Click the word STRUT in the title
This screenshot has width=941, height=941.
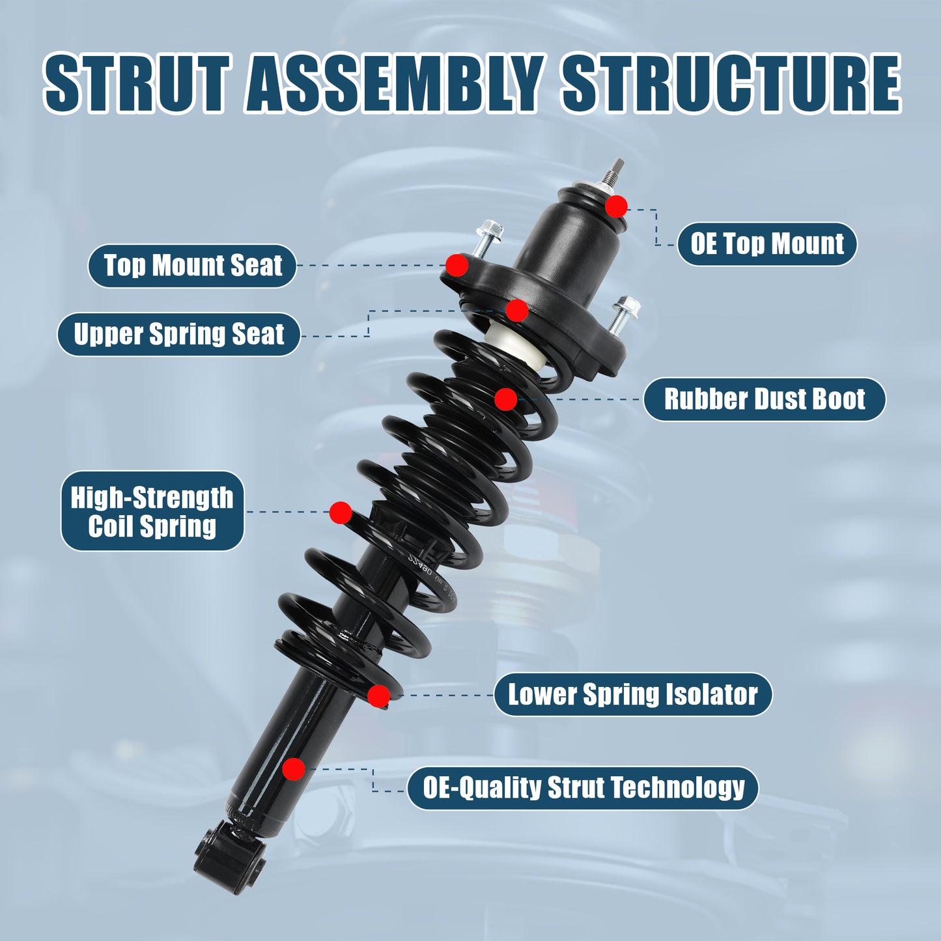coord(137,84)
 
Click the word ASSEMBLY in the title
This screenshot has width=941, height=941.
coord(395,84)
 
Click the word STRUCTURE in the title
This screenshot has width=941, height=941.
coord(731,84)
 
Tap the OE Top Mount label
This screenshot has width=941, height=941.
coord(767,244)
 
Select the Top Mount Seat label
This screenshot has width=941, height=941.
coord(193,266)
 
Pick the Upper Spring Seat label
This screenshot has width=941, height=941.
coord(179,335)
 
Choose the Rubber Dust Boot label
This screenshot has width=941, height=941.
coord(765,399)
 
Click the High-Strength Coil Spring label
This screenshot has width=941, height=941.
coord(152,512)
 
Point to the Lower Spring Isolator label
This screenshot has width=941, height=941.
coord(632,695)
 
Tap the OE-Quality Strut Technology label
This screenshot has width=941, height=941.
coord(583,788)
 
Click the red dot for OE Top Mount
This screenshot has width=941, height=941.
coord(616,207)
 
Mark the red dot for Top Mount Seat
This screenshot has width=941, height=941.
coord(457,266)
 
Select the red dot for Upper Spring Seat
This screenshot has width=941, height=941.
coord(517,311)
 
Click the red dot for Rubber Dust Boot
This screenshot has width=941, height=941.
coord(506,399)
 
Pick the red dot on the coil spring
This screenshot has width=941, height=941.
coord(341,513)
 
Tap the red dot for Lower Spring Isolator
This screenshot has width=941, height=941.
coord(378,695)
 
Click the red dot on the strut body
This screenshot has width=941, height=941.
coord(294,769)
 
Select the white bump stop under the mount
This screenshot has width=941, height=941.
coord(515,346)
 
